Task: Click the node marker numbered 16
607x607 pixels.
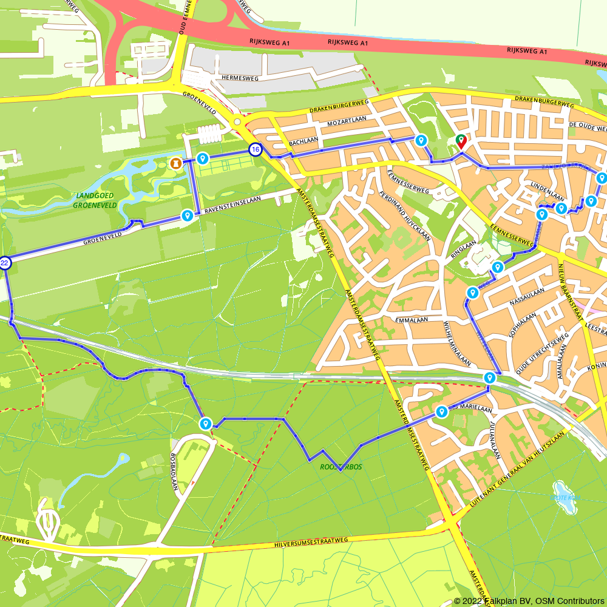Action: click(256, 149)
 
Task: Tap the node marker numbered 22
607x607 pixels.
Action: click(5, 263)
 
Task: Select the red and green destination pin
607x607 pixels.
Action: click(461, 141)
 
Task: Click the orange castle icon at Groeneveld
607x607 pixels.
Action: click(175, 163)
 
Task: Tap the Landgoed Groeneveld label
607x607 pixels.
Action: click(94, 200)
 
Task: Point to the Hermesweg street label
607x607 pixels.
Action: click(240, 78)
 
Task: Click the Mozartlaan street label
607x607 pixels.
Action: click(346, 121)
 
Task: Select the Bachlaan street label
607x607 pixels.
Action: click(304, 141)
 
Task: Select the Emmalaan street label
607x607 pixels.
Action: click(411, 319)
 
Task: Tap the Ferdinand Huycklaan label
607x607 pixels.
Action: click(405, 216)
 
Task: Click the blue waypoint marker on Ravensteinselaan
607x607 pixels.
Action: click(188, 215)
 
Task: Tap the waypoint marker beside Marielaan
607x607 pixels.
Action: click(442, 412)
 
